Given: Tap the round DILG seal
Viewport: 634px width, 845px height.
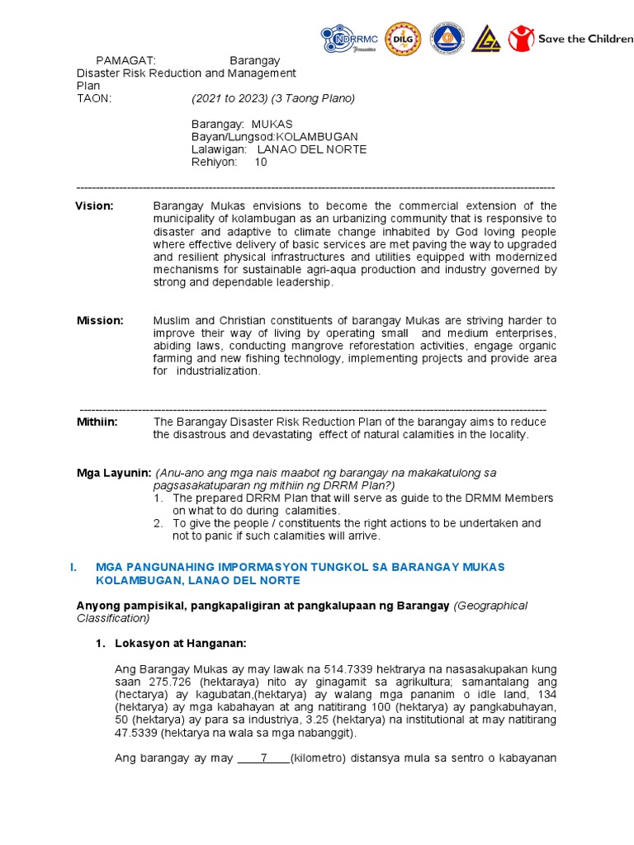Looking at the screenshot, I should (x=404, y=39).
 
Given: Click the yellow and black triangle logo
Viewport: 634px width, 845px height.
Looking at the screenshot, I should (x=486, y=39).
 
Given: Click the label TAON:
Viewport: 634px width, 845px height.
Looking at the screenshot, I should (x=93, y=98).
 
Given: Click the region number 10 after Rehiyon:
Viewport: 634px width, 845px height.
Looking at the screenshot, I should (x=260, y=162).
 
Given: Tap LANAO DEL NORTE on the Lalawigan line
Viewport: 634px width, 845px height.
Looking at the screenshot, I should (x=312, y=149).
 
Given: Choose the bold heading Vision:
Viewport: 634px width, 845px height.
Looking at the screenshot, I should (x=94, y=205).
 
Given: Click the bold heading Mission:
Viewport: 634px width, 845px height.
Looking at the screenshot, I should (x=100, y=320).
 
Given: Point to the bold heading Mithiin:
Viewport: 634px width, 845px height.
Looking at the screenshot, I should (x=97, y=422).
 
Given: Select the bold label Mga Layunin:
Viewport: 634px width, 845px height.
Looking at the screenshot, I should (x=113, y=473).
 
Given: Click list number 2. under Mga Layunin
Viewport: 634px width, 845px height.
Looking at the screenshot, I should (x=158, y=523).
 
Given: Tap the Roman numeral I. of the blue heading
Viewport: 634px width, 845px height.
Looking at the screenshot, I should (x=73, y=567).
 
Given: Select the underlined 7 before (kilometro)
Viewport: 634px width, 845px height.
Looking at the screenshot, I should (x=263, y=758).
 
